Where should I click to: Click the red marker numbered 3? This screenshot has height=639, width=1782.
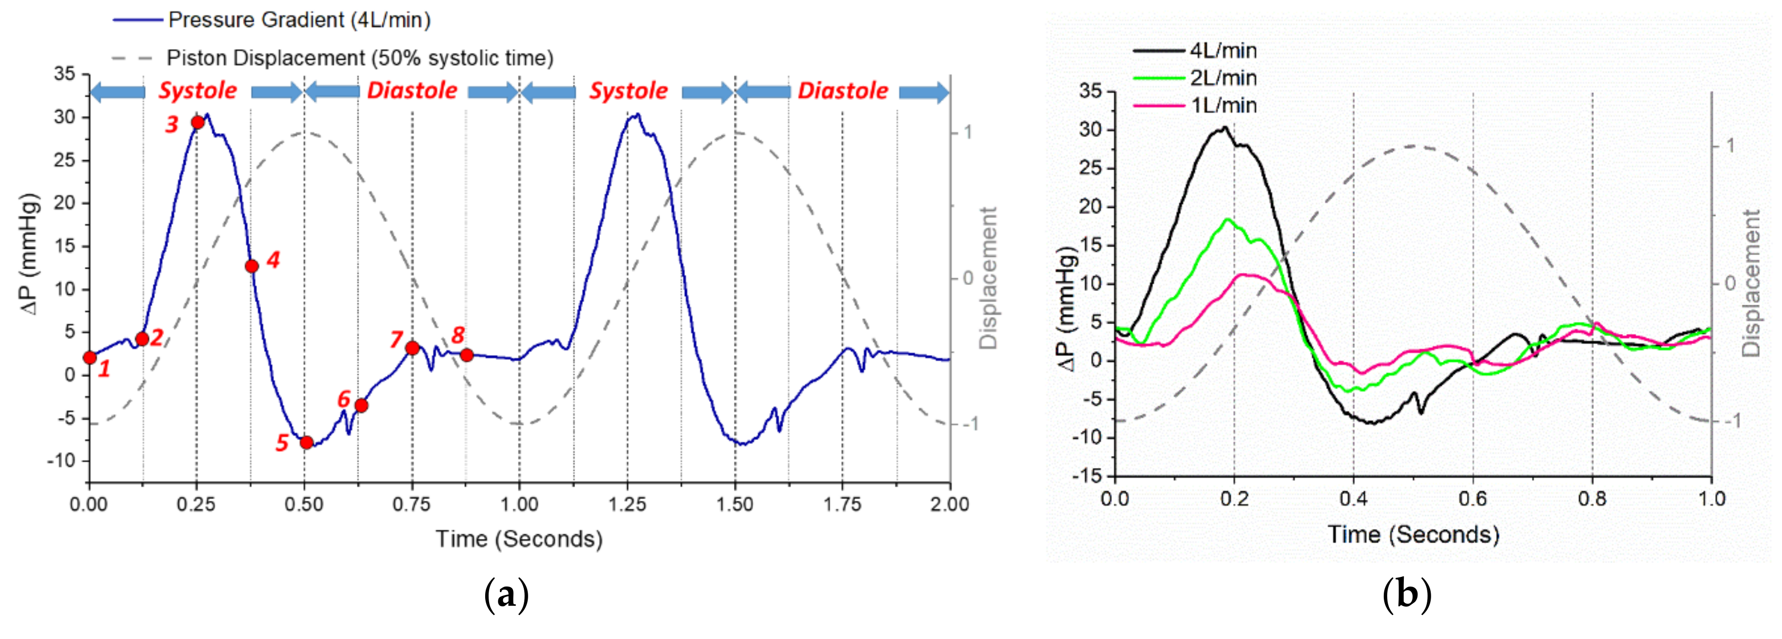point(197,123)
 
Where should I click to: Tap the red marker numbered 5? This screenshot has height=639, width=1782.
point(306,442)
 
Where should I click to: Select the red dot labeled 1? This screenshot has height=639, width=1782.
point(89,357)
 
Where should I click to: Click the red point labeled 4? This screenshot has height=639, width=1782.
point(252,266)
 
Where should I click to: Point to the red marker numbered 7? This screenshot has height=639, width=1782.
point(412,348)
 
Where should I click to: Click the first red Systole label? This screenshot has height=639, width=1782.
point(198,91)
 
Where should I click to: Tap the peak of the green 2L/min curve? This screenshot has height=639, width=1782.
point(1228,220)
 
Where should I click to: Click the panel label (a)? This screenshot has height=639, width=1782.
point(506,594)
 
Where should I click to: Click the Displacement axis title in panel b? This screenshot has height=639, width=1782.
point(1750,283)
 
